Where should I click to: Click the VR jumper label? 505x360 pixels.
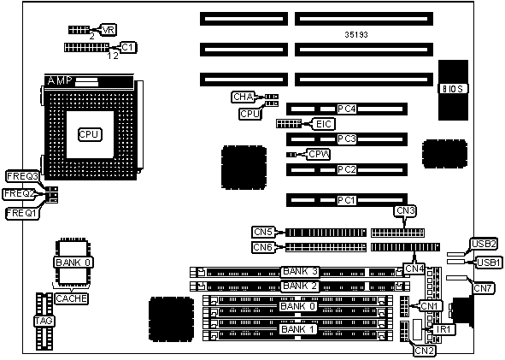pos(108,30)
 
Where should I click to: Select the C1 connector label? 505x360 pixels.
pos(128,47)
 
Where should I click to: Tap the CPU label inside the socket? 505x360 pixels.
pos(90,134)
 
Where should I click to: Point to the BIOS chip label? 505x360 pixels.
pos(453,89)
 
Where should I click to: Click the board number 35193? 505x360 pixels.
pos(356,34)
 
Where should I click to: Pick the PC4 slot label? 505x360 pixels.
pos(347,109)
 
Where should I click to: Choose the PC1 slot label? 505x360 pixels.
pos(347,200)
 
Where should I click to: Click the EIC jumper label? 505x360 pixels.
pos(323,124)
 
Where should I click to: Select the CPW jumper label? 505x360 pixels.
pos(319,155)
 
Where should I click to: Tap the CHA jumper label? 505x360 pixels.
pos(243,97)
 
